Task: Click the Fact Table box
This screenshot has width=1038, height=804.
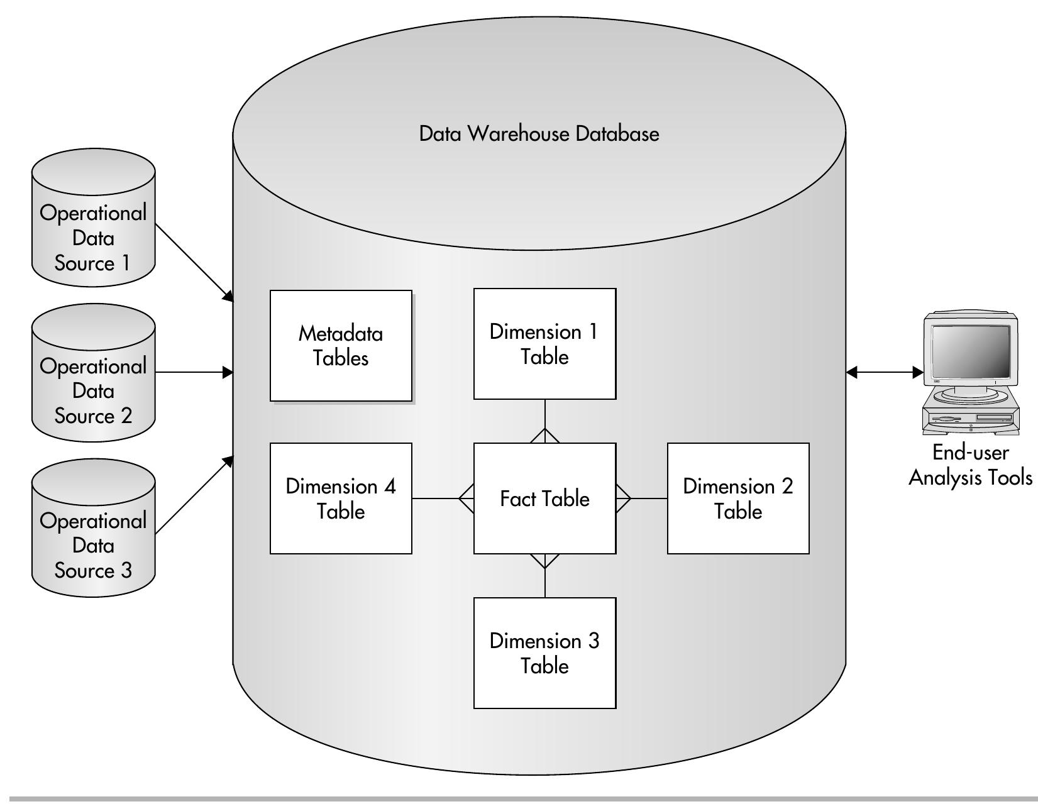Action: click(544, 498)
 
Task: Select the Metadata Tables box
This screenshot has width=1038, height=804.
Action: click(341, 346)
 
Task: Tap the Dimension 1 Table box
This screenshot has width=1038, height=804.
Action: click(544, 344)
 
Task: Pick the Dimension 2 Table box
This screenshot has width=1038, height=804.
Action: click(738, 498)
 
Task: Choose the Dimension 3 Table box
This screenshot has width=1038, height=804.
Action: click(544, 653)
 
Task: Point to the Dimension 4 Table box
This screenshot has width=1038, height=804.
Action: click(341, 498)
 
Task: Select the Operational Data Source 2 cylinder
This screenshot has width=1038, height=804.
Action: click(93, 377)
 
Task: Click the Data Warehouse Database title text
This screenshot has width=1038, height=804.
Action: click(539, 134)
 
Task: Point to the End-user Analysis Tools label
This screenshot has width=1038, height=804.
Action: click(970, 465)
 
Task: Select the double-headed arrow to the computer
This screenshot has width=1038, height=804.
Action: click(884, 373)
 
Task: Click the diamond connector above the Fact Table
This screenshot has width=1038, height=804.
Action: click(544, 436)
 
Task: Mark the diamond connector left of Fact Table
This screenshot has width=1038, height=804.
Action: click(467, 498)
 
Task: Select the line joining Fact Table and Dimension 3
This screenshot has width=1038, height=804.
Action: click(544, 583)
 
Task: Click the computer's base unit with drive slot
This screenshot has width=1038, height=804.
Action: click(970, 419)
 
